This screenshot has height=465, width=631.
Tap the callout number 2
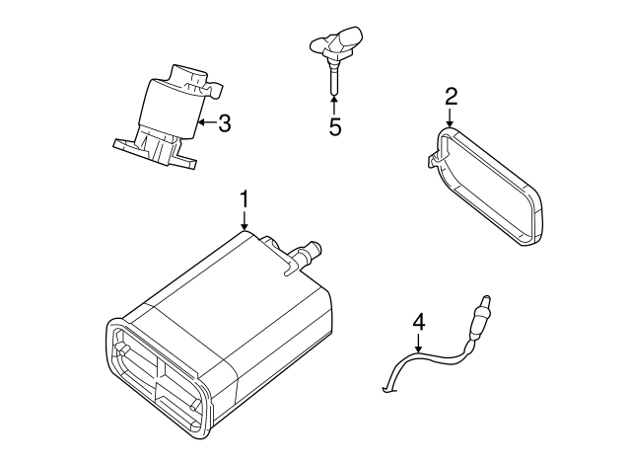(x=451, y=97)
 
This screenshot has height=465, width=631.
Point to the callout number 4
(x=418, y=322)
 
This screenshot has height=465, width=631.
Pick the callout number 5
(x=334, y=127)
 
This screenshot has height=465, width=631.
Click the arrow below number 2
(x=451, y=120)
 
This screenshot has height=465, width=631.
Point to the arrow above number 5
(x=334, y=105)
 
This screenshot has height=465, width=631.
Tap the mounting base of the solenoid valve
(x=152, y=152)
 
